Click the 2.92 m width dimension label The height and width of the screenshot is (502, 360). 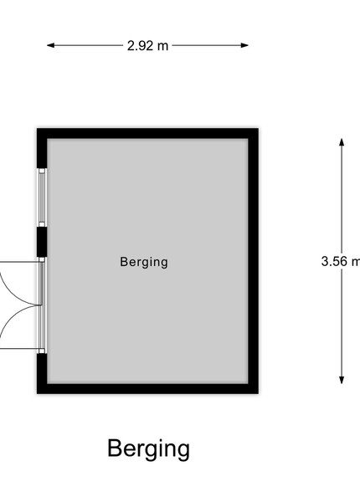point(147,46)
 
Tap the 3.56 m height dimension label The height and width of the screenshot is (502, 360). point(341,261)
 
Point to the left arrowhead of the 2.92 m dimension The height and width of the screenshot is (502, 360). point(50,45)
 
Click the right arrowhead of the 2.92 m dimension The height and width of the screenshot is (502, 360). point(244,45)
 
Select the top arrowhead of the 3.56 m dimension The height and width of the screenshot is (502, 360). point(342,142)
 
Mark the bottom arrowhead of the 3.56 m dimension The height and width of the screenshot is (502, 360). point(342,380)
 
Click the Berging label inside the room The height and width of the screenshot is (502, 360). point(144,262)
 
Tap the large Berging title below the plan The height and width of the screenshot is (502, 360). point(149,448)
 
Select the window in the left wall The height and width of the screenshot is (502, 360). point(42,197)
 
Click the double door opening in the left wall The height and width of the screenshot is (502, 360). point(42,305)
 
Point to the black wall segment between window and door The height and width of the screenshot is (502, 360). point(42,242)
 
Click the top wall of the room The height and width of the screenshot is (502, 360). point(147,134)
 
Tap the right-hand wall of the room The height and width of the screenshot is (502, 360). point(254,261)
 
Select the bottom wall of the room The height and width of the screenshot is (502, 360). point(147,389)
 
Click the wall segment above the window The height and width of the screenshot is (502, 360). point(42,149)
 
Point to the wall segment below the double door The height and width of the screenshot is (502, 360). point(42,374)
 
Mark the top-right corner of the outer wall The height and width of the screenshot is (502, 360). point(258,129)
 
